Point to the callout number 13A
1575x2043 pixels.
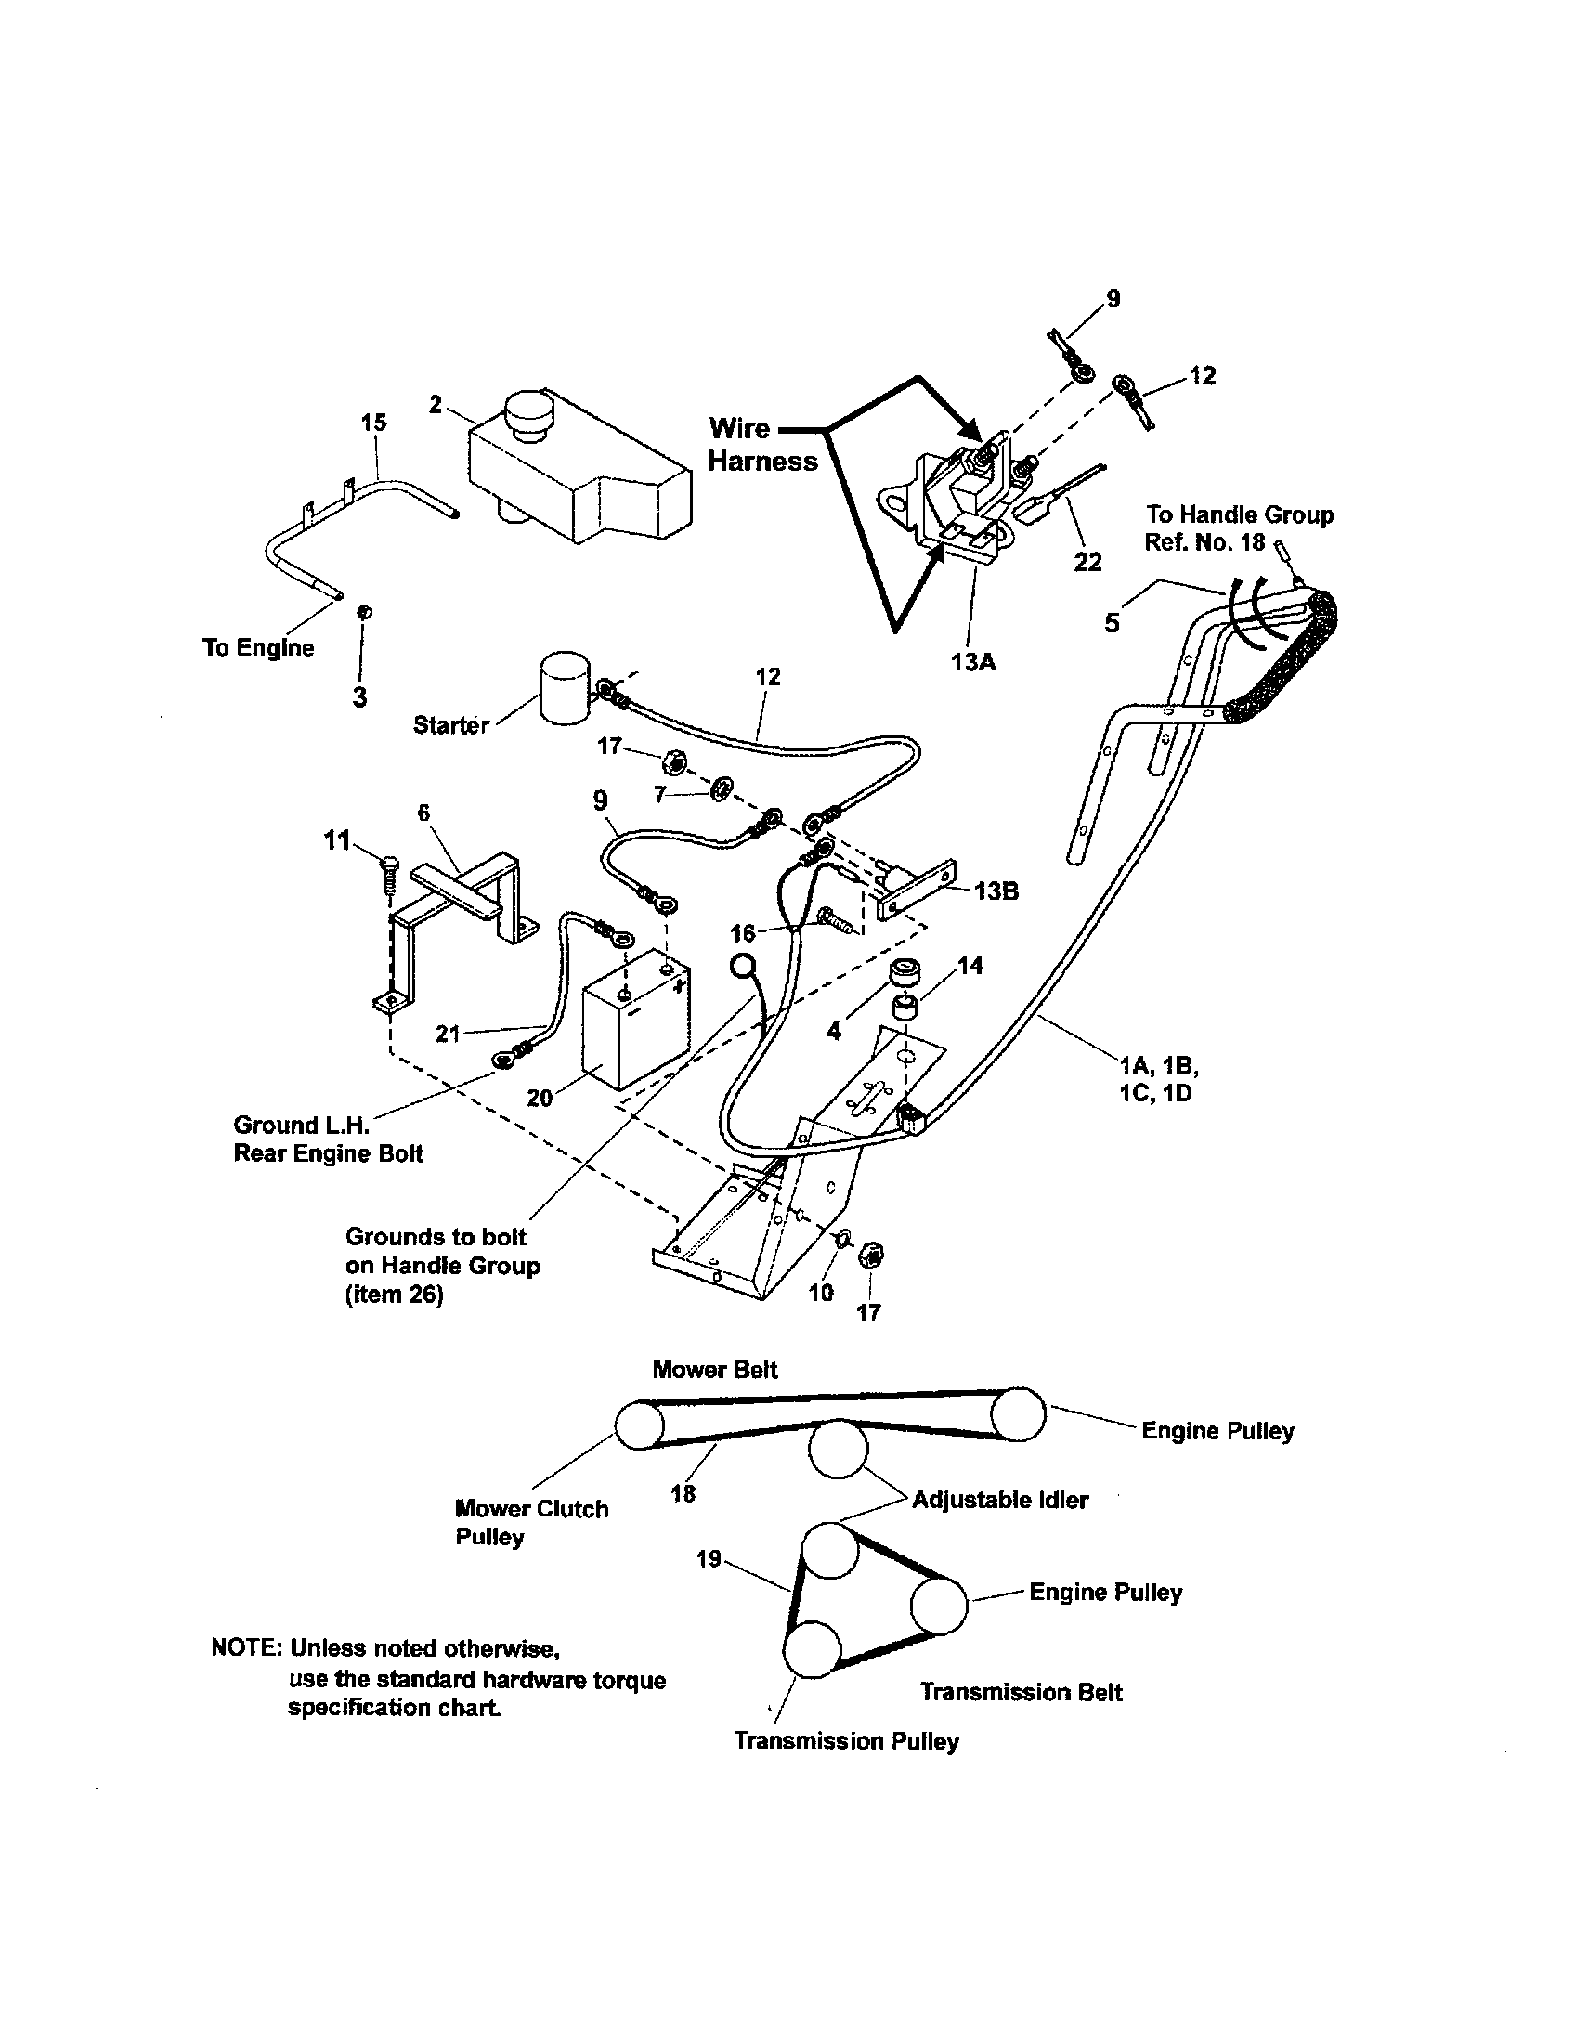point(972,662)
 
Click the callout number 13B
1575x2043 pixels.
point(996,891)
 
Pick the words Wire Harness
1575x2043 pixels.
point(761,445)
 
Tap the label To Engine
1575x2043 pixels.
point(258,647)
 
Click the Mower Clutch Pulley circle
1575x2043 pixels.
point(640,1424)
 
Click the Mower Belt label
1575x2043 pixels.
point(714,1370)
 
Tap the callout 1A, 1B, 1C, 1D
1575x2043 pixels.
point(1159,1078)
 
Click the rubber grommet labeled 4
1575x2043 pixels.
point(904,973)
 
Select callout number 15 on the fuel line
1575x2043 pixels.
point(373,422)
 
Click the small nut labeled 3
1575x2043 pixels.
point(365,612)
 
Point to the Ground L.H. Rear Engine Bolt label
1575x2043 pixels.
point(327,1139)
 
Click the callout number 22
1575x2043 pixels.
point(1087,562)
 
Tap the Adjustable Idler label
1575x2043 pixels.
point(999,1500)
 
